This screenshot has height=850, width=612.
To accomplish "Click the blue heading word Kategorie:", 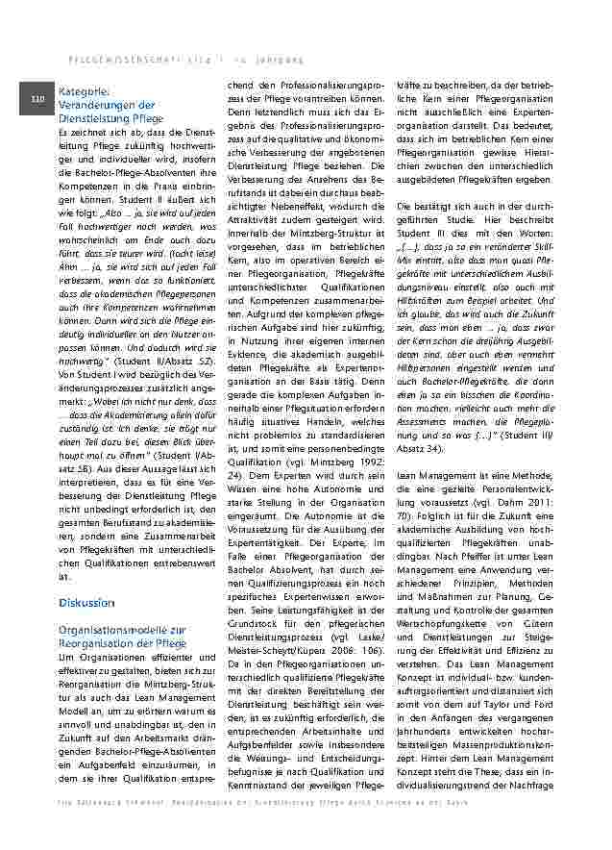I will (85, 91).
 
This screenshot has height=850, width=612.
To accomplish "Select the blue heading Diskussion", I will (86, 603).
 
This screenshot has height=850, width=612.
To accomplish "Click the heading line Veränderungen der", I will (106, 104).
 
